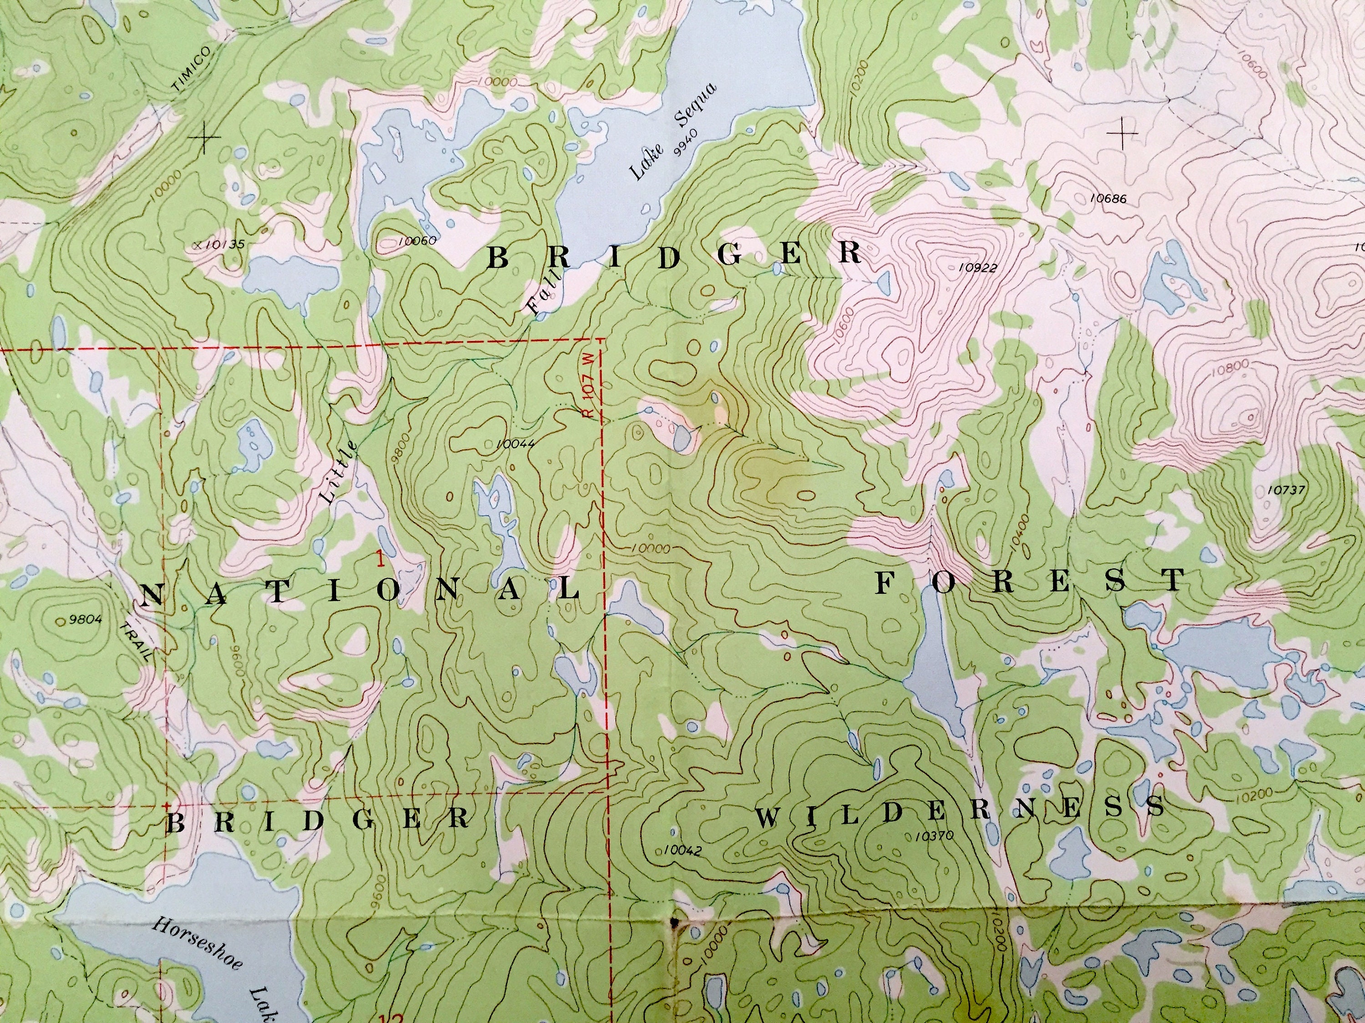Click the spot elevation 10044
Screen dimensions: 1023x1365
[x=515, y=443]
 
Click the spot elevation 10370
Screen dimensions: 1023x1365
[x=935, y=836]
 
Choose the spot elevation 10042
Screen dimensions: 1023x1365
[x=683, y=851]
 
